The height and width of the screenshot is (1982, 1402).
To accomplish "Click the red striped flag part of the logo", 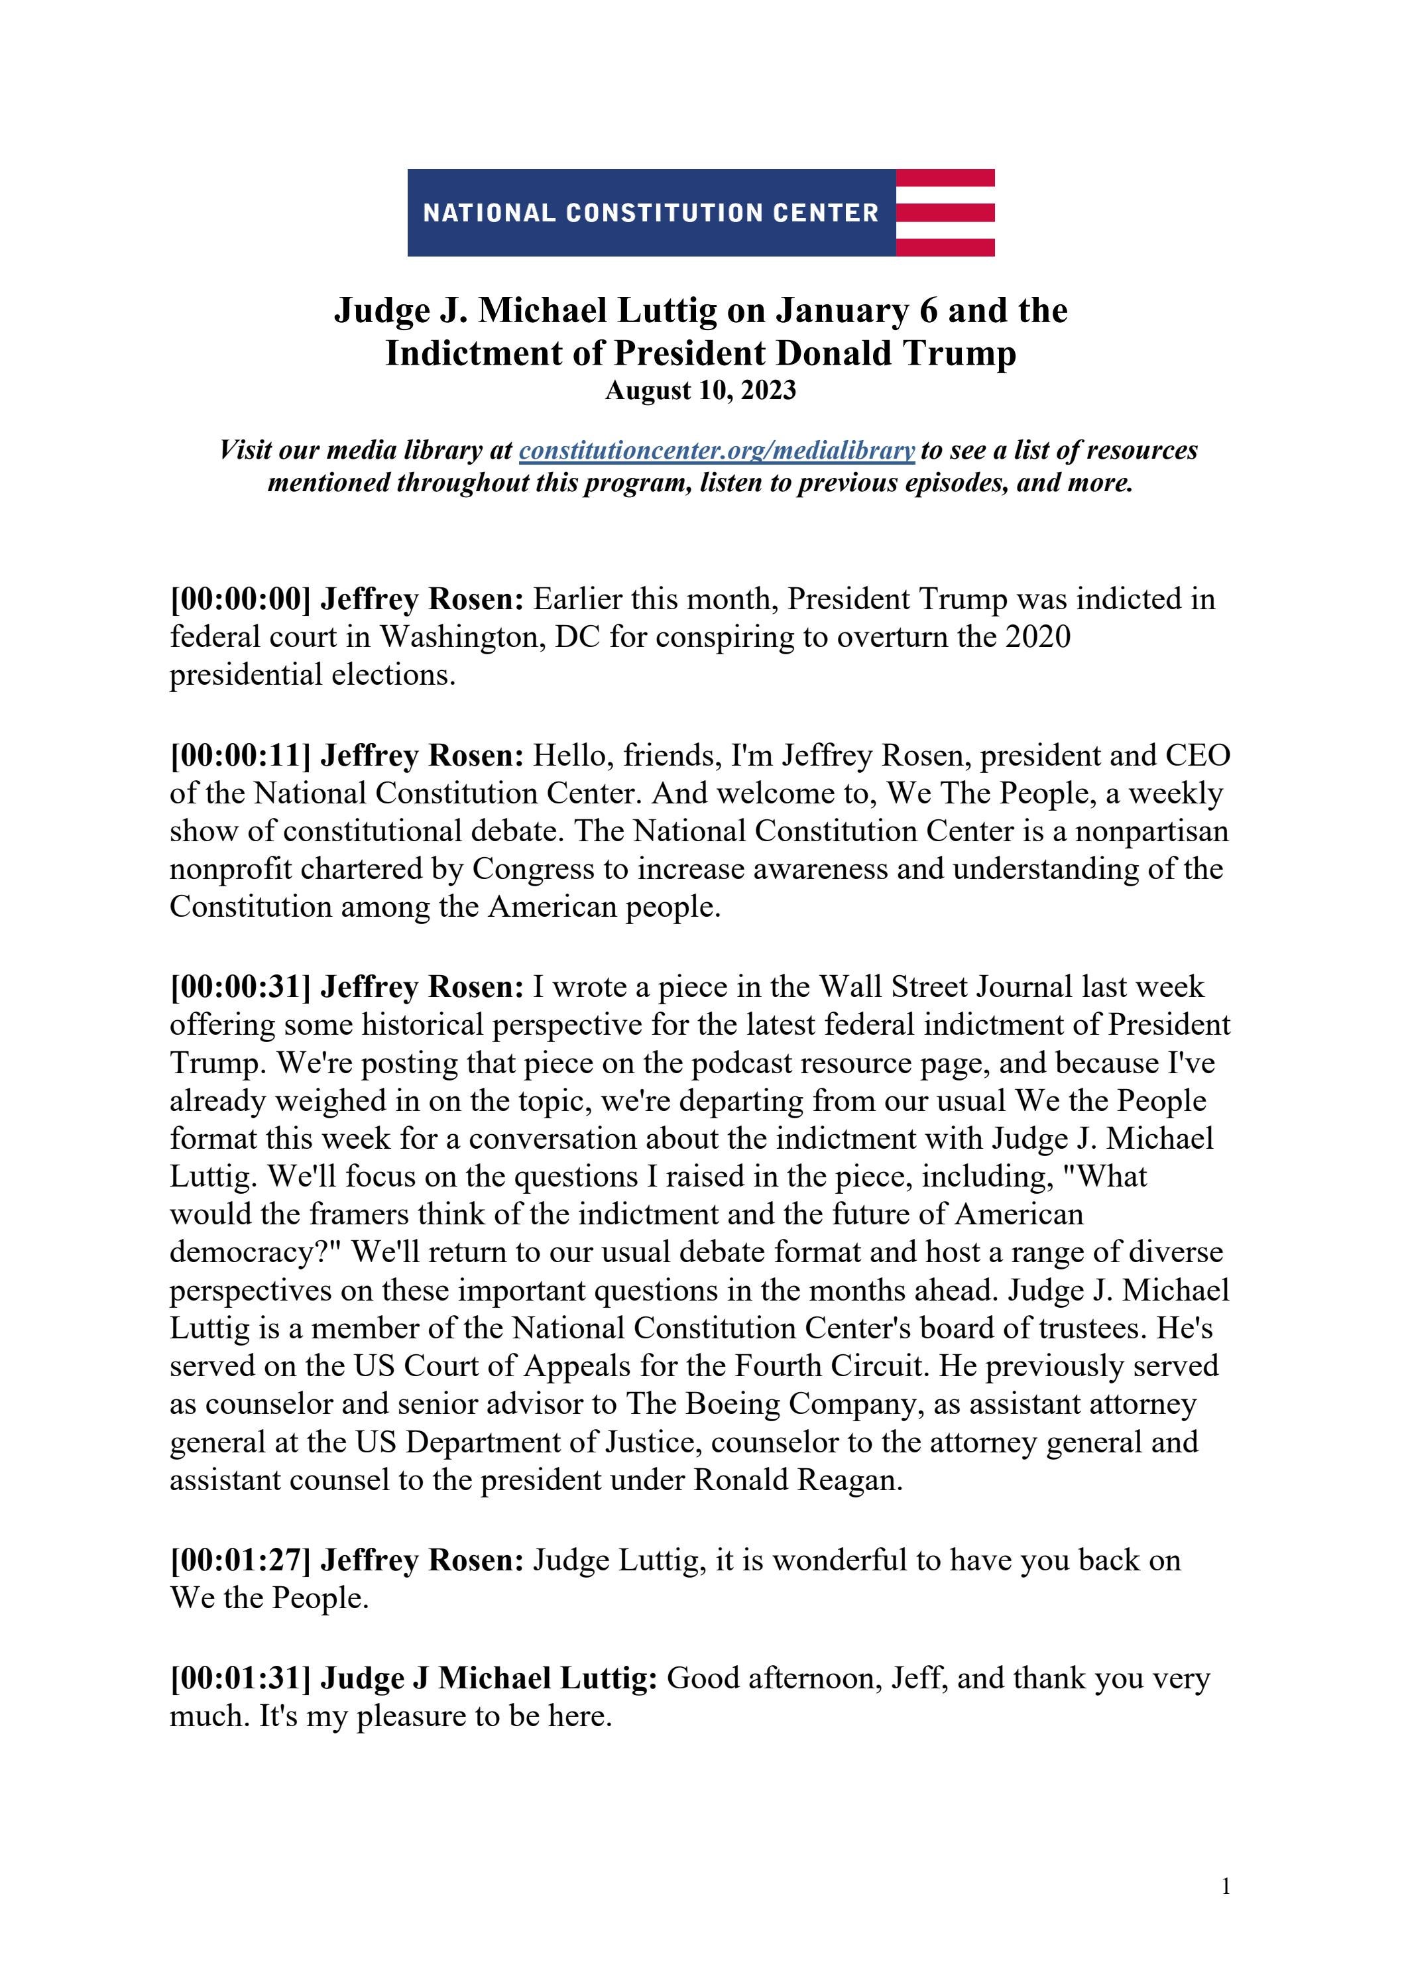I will (x=945, y=212).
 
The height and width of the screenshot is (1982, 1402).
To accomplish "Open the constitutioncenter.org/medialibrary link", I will (x=717, y=451).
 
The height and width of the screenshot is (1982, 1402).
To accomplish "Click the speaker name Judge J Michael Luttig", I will (x=489, y=1678).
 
